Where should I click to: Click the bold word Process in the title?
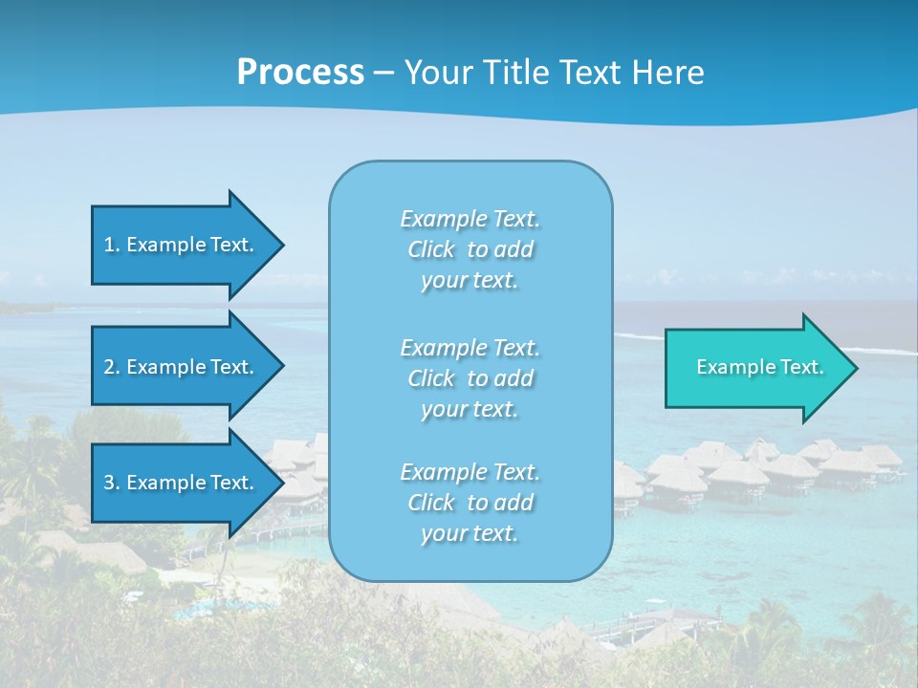click(300, 73)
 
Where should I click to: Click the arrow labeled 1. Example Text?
click(182, 245)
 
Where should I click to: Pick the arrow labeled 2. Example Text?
click(182, 367)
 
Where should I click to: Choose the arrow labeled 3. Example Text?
click(182, 483)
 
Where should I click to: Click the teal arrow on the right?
click(755, 367)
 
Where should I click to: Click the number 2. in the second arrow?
click(112, 367)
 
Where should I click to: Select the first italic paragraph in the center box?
click(470, 249)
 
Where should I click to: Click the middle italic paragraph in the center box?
click(470, 378)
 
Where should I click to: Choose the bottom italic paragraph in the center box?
click(470, 503)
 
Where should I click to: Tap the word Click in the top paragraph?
click(431, 250)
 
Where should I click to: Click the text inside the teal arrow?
click(759, 367)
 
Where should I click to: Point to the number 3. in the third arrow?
click(112, 483)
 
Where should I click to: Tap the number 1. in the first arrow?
click(111, 245)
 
